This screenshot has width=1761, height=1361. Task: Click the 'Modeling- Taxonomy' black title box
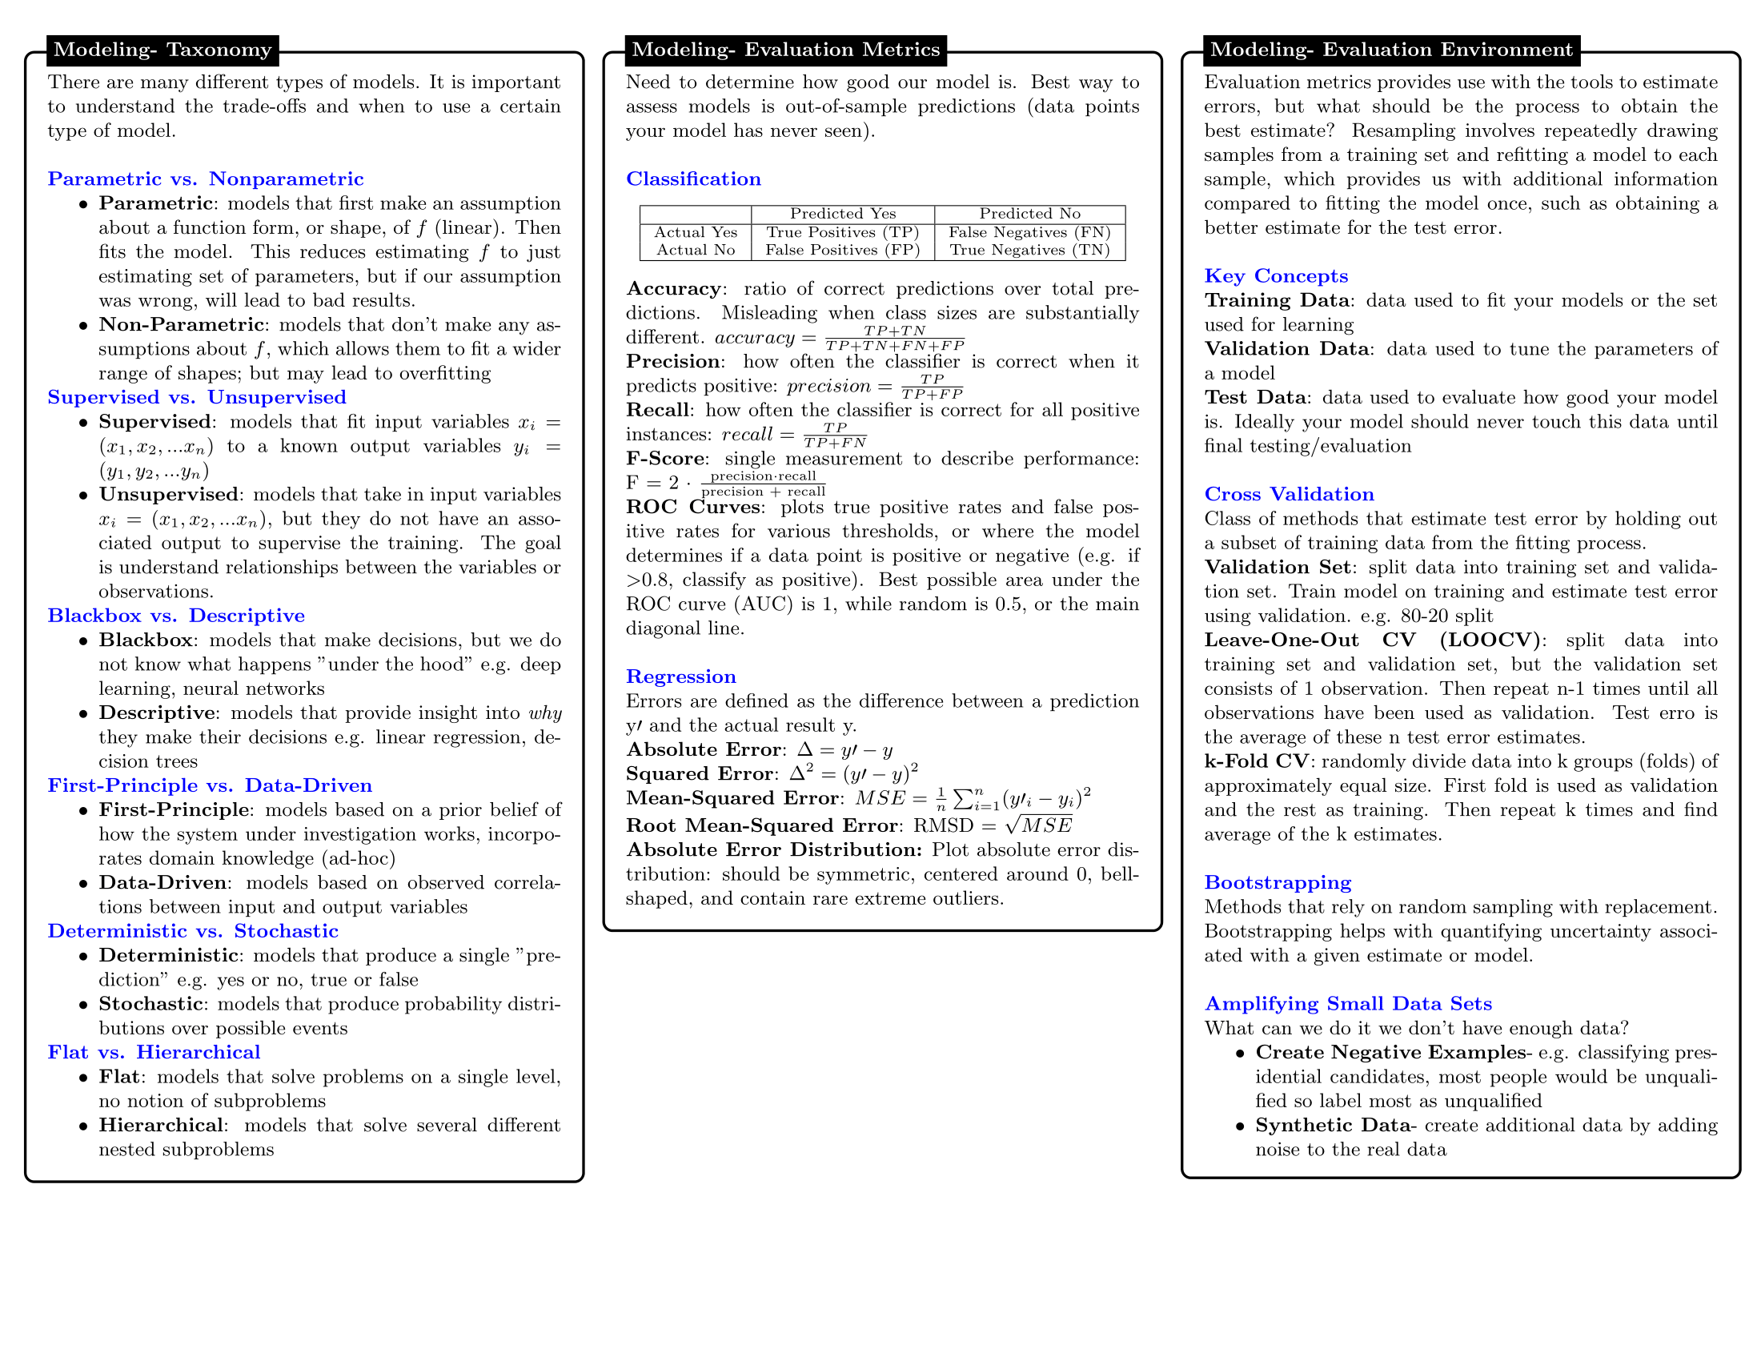[x=162, y=50]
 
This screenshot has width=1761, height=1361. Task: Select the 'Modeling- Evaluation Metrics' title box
[x=785, y=50]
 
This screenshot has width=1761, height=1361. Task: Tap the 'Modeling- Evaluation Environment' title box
[x=1391, y=50]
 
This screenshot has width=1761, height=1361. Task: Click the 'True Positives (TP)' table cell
[x=842, y=232]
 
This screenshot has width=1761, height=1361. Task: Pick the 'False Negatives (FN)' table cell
[x=1029, y=232]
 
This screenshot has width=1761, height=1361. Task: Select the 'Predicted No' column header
[x=1029, y=214]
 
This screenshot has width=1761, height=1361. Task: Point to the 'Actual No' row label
[x=695, y=250]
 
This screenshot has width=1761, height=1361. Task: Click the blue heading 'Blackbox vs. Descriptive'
[x=176, y=616]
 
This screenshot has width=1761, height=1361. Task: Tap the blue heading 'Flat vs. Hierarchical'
[x=153, y=1052]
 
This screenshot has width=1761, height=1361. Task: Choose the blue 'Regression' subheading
[x=680, y=676]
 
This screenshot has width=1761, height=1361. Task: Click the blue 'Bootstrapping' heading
[x=1278, y=883]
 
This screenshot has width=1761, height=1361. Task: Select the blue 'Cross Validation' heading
[x=1289, y=494]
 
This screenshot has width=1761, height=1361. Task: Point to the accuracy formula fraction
[x=894, y=338]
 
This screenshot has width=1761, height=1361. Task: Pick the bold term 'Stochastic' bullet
[x=150, y=1004]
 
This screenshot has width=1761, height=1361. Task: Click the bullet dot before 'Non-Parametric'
[x=83, y=326]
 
